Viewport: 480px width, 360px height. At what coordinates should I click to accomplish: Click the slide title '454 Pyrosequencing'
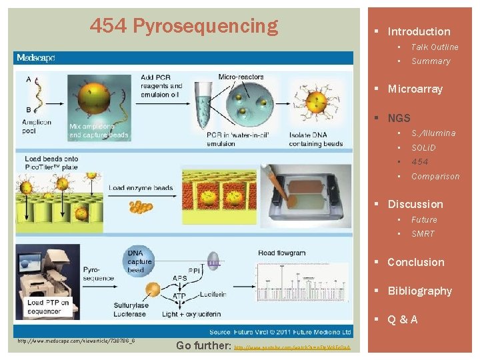[x=184, y=26]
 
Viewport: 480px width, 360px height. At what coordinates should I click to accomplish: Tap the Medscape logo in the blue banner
[x=36, y=58]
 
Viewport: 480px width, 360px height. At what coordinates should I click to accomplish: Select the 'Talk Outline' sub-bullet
[x=435, y=47]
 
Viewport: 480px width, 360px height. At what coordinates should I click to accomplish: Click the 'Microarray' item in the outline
[x=415, y=89]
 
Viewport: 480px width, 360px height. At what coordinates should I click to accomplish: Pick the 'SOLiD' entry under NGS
[x=423, y=147]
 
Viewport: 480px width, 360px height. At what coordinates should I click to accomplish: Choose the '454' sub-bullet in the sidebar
[x=420, y=162]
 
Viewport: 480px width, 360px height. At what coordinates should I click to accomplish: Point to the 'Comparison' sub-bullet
[x=435, y=177]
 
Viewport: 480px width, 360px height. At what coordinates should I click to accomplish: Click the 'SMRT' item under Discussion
[x=423, y=234]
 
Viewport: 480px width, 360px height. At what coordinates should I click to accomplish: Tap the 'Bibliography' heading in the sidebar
[x=419, y=291]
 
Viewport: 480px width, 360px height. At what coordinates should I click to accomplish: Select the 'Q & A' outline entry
[x=403, y=319]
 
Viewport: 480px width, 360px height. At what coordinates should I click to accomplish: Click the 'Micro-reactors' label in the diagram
[x=241, y=77]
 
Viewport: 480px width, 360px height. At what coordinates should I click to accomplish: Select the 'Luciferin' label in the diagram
[x=213, y=293]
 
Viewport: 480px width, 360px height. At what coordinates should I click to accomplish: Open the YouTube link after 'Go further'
[x=294, y=347]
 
